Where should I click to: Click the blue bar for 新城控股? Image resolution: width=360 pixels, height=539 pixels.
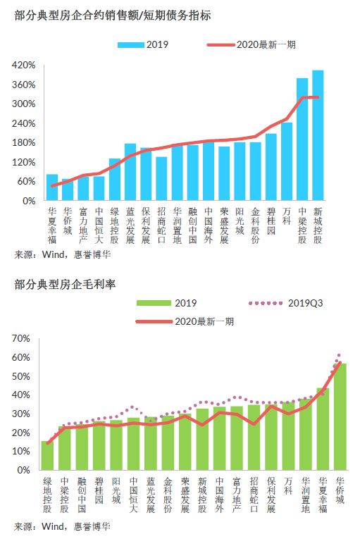(x=318, y=135)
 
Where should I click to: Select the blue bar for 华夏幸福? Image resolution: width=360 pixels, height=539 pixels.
(x=52, y=187)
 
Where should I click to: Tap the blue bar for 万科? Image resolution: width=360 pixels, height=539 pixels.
(x=287, y=161)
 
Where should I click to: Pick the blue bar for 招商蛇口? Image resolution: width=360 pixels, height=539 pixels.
(x=161, y=179)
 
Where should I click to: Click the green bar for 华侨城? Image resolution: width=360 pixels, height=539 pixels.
(x=340, y=416)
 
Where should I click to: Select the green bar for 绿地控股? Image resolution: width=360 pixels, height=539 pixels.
(x=47, y=455)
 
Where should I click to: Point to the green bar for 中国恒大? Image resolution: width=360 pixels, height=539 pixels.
(x=133, y=444)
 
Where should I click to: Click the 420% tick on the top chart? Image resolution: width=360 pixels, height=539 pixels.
(x=24, y=65)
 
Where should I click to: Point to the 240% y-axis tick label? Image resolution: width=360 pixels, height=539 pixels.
(x=24, y=123)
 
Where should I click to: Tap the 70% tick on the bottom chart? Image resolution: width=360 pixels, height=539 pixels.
(x=21, y=339)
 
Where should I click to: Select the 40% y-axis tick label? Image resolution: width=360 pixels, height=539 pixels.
(x=21, y=395)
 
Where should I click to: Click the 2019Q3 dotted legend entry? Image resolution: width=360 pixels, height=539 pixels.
(x=285, y=303)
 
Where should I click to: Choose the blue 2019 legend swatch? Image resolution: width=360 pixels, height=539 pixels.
(x=130, y=45)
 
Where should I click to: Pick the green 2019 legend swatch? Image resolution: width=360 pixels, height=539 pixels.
(x=154, y=303)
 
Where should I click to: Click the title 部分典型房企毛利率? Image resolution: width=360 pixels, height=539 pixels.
(x=65, y=284)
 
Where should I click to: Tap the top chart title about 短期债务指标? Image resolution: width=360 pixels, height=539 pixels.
(x=113, y=16)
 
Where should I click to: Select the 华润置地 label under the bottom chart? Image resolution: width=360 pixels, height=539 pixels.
(x=305, y=495)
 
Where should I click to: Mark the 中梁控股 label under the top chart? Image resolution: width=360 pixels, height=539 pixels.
(x=302, y=225)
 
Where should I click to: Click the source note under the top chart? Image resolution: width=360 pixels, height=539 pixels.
(x=63, y=255)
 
